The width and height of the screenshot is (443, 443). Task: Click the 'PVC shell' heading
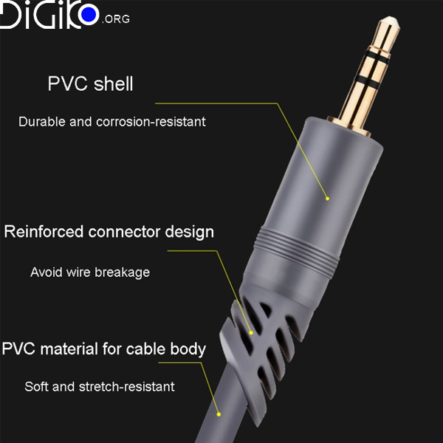90,84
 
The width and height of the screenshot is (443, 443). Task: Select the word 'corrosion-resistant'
151,121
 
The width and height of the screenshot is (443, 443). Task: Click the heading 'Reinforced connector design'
109,232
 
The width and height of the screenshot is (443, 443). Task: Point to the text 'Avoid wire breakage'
89,272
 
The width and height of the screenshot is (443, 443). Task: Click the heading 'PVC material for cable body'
103,348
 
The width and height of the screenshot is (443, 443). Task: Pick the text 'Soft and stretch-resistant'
99,386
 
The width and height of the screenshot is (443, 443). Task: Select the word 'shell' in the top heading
114,84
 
